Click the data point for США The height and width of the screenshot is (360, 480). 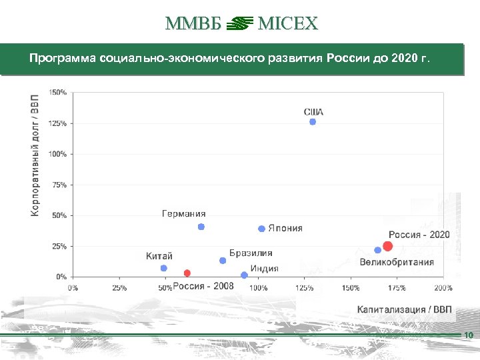click(313, 122)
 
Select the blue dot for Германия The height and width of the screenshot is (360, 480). click(201, 227)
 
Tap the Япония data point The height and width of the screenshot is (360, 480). click(262, 229)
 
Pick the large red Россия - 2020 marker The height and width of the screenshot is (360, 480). click(388, 246)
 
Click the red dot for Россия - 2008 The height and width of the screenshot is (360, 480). click(187, 273)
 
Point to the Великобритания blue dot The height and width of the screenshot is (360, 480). click(377, 250)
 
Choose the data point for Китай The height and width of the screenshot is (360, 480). click(164, 268)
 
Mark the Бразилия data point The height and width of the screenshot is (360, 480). click(223, 261)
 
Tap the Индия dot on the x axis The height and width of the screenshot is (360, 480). click(244, 275)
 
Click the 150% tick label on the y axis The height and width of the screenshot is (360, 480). click(58, 92)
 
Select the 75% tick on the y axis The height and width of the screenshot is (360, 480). click(59, 185)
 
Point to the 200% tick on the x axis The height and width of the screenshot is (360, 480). click(443, 288)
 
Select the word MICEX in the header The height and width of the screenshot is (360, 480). click(287, 25)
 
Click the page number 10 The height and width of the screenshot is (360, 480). click(468, 335)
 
